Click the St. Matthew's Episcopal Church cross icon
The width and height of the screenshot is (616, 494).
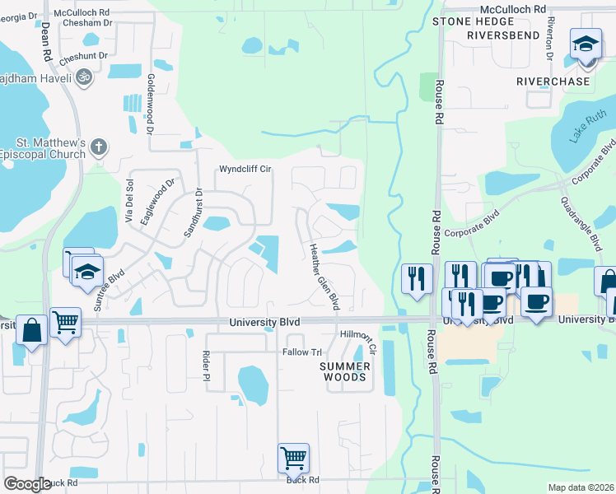click(x=99, y=147)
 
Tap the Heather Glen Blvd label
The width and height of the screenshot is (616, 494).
click(x=324, y=277)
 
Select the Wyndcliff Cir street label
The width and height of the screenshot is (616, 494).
click(x=245, y=170)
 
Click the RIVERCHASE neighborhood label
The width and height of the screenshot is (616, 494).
click(x=553, y=82)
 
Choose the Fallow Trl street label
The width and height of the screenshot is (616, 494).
click(x=302, y=352)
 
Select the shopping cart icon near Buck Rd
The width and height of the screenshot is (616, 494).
click(x=293, y=457)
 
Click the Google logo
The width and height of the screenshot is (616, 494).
click(x=27, y=484)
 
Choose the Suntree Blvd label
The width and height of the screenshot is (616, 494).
click(x=108, y=290)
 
